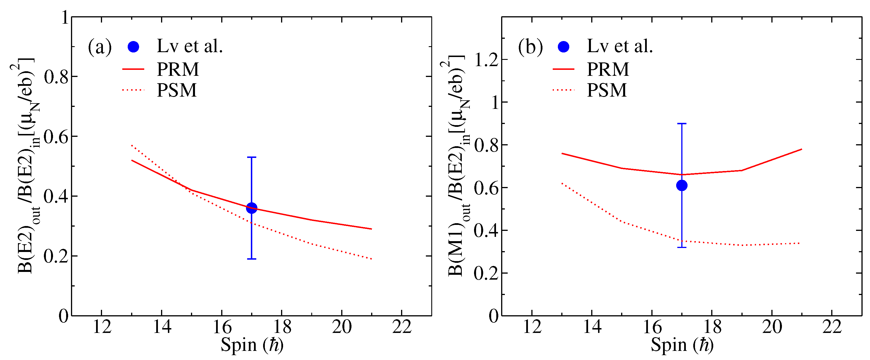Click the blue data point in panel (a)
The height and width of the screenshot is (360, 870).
251,208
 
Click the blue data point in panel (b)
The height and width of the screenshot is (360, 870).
682,185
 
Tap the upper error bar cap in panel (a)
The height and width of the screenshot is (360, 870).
251,157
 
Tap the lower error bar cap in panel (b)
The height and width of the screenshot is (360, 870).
682,247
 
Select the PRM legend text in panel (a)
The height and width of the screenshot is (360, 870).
178,69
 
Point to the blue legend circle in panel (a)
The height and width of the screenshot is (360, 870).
133,47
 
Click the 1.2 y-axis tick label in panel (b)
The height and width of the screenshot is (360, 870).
486,60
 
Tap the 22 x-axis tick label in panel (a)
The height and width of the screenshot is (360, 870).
402,327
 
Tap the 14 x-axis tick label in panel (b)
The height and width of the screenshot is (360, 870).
592,327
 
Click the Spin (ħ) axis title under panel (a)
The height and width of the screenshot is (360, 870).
252,345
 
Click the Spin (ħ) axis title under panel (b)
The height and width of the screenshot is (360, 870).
682,345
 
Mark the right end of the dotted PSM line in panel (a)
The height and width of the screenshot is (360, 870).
371,259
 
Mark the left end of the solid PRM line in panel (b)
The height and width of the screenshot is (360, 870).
562,154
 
